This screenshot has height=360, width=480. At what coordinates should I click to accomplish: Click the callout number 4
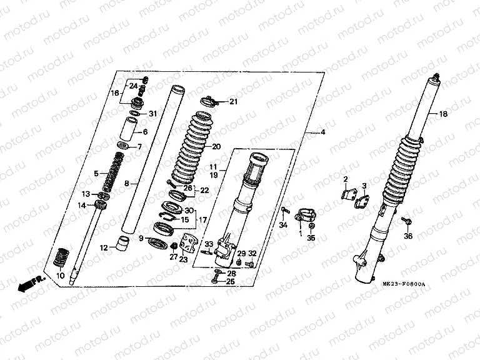(323, 132)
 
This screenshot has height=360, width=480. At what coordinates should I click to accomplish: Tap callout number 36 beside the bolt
(408, 236)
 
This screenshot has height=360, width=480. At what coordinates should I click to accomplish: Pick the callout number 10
(60, 275)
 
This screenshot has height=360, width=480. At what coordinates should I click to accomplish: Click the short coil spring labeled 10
(62, 257)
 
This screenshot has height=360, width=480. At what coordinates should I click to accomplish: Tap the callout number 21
(233, 102)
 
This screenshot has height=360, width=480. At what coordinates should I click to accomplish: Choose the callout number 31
(152, 113)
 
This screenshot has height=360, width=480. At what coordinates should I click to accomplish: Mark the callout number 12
(103, 247)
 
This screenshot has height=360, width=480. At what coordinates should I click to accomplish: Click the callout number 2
(344, 179)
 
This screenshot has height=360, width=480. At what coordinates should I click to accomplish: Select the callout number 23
(183, 259)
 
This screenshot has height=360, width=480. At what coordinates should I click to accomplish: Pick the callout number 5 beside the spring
(96, 173)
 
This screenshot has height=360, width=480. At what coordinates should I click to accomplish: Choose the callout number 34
(282, 225)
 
